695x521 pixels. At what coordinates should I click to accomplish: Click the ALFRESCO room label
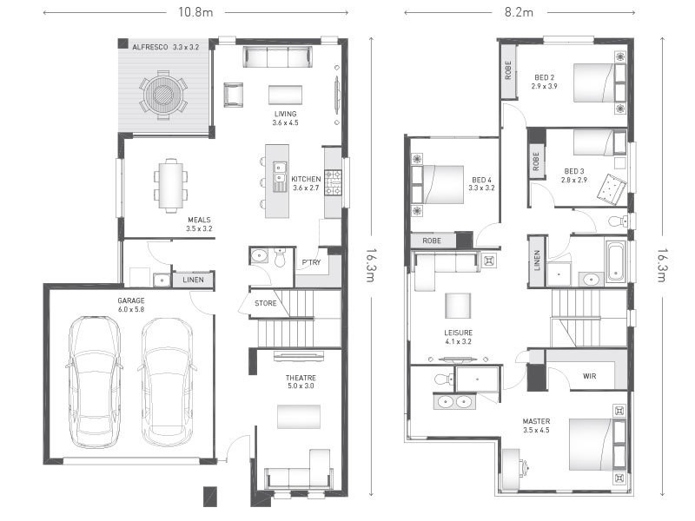[150, 47]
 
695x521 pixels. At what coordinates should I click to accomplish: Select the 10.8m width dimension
[195, 12]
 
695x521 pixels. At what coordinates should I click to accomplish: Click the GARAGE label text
[131, 300]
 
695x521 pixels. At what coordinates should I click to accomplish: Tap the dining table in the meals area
[171, 185]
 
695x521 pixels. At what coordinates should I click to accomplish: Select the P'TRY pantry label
[310, 262]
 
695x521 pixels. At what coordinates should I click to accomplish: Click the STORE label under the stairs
[265, 303]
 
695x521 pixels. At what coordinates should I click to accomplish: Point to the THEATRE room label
[301, 379]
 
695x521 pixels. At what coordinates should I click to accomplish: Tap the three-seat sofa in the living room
[277, 57]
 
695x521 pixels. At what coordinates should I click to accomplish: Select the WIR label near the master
[588, 376]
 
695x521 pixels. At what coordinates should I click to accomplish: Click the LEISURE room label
[458, 332]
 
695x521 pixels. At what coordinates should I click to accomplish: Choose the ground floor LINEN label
[193, 280]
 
